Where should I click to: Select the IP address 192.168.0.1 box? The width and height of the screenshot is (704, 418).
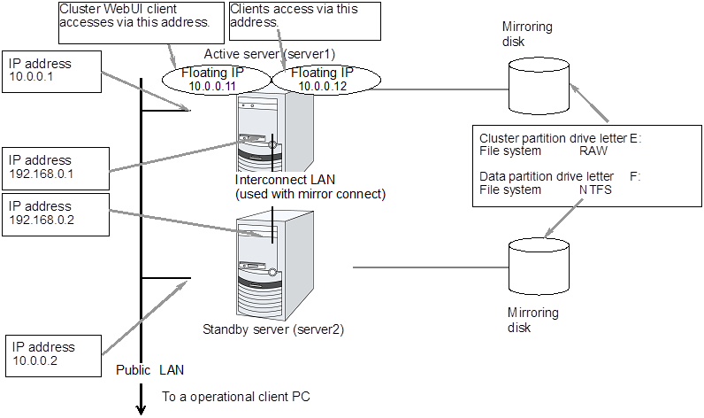[x=55, y=166]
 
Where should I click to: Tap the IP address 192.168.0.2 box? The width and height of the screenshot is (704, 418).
[x=55, y=213]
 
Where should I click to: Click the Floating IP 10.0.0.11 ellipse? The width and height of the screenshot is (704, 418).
[x=216, y=79]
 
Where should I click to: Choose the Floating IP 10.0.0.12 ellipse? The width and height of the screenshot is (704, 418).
[x=325, y=79]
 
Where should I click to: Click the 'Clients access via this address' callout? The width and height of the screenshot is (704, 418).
[x=293, y=19]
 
